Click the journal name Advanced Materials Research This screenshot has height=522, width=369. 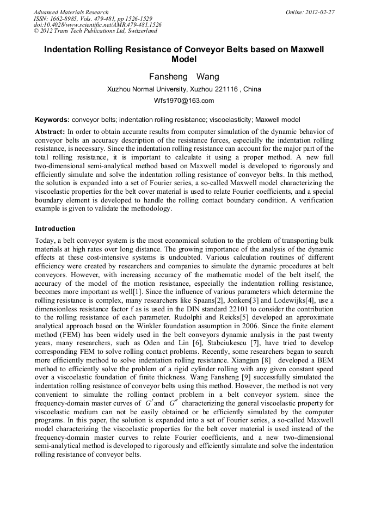click(71, 12)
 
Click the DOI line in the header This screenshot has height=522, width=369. click(97, 25)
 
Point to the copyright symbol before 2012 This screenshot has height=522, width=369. click(36, 32)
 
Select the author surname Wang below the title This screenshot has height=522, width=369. click(207, 77)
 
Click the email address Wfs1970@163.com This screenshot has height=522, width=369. click(184, 101)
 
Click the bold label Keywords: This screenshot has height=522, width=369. click(52, 120)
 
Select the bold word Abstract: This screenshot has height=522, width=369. click(50, 132)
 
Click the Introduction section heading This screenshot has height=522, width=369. click(55, 229)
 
